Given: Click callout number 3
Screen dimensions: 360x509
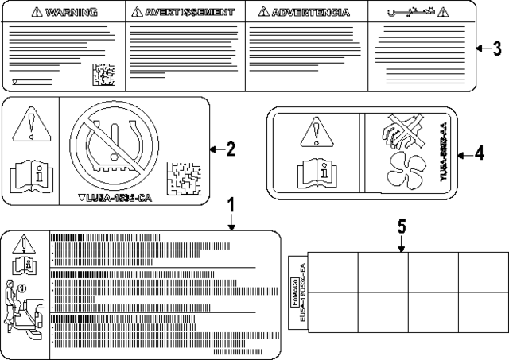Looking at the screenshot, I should pyautogui.click(x=496, y=49).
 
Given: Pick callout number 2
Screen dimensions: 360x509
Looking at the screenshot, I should pyautogui.click(x=231, y=148).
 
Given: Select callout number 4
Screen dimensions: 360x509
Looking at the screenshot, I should pyautogui.click(x=479, y=153).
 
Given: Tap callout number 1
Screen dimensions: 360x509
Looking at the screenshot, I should pyautogui.click(x=231, y=206).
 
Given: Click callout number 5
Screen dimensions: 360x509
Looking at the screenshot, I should pyautogui.click(x=402, y=227).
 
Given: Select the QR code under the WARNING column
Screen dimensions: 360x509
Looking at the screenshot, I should pyautogui.click(x=103, y=75).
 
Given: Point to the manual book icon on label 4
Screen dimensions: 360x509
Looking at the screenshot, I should pyautogui.click(x=316, y=171).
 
